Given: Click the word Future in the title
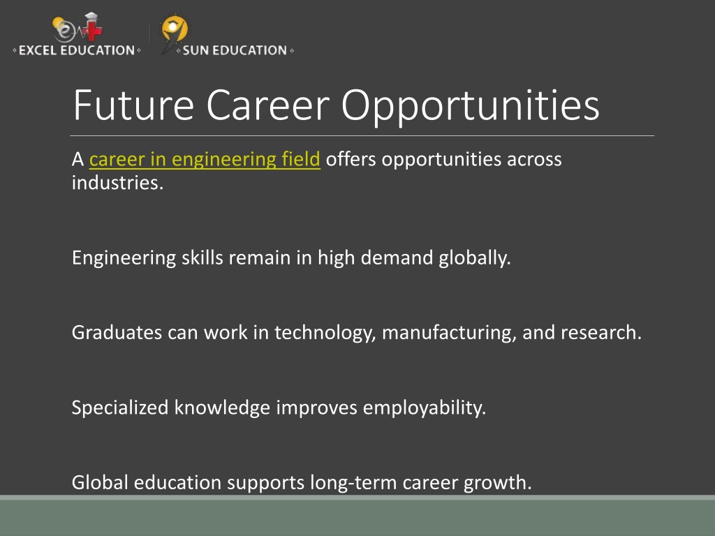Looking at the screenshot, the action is pyautogui.click(x=133, y=105).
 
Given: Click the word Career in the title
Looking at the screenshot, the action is pyautogui.click(x=267, y=105).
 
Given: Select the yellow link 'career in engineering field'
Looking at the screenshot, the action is pyautogui.click(x=205, y=160).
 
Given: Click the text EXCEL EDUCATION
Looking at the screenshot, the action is pyautogui.click(x=77, y=50).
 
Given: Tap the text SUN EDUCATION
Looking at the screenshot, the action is pyautogui.click(x=235, y=50).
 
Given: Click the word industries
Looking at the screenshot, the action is pyautogui.click(x=117, y=184).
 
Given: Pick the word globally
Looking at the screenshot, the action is pyautogui.click(x=475, y=258).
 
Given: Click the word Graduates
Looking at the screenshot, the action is pyautogui.click(x=117, y=333).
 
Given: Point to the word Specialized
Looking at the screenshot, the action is pyautogui.click(x=120, y=408).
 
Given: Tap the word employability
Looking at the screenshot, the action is pyautogui.click(x=425, y=408).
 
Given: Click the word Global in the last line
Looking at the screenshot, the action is pyautogui.click(x=100, y=483).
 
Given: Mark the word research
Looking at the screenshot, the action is pyautogui.click(x=601, y=333).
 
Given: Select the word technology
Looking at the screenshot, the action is pyautogui.click(x=325, y=333).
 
